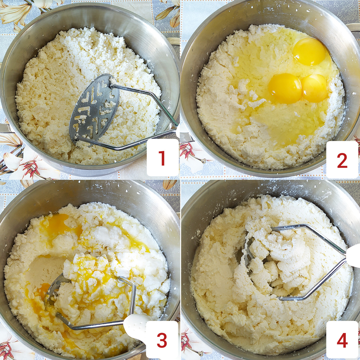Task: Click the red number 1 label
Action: click(x=162, y=158)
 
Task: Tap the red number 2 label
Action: click(x=342, y=160)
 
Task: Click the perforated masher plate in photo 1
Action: click(x=94, y=109)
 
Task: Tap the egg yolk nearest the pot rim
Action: click(x=309, y=51)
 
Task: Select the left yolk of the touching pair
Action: click(x=285, y=88)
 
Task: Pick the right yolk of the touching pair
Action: click(x=314, y=88)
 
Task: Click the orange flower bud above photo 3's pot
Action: click(x=169, y=184)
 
